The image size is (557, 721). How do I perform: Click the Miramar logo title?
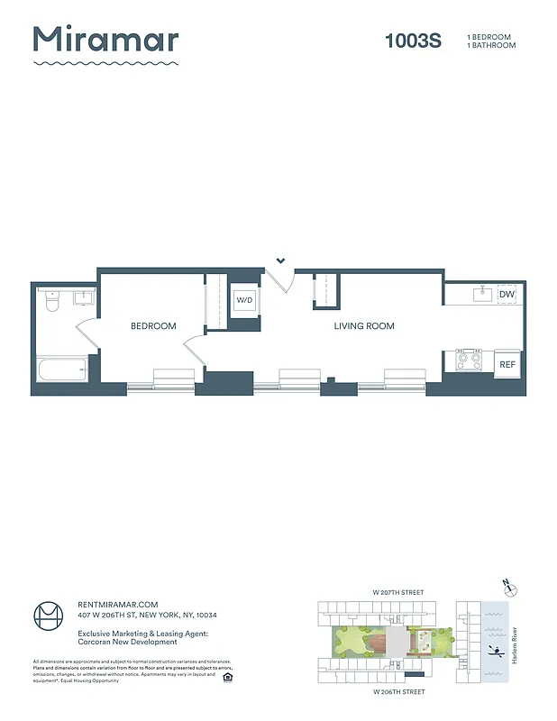[x=105, y=41]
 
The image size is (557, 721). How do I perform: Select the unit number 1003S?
[x=413, y=41]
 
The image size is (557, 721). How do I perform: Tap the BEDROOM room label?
[x=153, y=326]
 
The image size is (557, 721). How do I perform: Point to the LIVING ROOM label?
[x=364, y=326]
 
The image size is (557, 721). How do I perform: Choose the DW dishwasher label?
[x=507, y=294]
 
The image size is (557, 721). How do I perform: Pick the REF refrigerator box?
[x=507, y=363]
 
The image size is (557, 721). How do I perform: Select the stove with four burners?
[x=469, y=360]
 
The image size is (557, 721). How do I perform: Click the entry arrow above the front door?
[x=281, y=260]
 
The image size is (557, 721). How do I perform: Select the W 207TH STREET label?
[x=397, y=592]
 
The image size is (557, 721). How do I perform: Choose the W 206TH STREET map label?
[x=397, y=692]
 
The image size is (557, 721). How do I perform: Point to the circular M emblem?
[x=50, y=618]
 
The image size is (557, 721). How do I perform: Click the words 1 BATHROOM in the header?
[x=491, y=45]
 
